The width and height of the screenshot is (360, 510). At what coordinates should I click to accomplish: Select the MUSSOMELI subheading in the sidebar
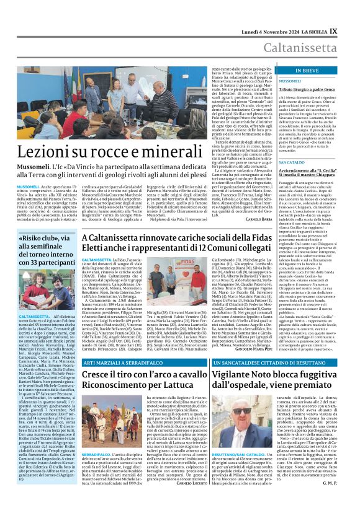point(272,81)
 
